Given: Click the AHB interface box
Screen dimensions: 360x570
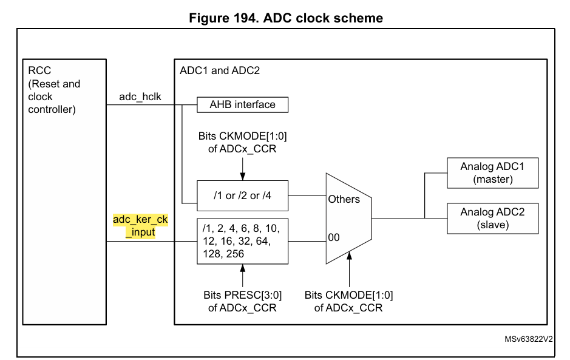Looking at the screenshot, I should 242,105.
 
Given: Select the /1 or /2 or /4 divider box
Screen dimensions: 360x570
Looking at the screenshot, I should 242,195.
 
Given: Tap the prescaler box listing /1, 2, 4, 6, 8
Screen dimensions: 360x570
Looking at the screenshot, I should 242,241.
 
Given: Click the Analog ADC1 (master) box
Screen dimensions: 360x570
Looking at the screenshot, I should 492,173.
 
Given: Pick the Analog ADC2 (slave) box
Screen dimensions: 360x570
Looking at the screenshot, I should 492,219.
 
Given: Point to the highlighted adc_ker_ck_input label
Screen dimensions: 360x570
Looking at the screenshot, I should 140,225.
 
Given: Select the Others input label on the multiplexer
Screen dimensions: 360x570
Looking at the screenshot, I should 344,199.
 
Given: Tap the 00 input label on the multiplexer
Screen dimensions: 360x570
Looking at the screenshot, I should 334,238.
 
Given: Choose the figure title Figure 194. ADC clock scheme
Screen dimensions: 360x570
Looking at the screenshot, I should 286,18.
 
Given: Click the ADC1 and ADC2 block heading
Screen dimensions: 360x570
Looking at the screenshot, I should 220,70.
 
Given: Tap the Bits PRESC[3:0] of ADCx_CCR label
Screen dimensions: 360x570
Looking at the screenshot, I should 242,301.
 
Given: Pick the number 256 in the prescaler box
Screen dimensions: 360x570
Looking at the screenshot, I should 234,254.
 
